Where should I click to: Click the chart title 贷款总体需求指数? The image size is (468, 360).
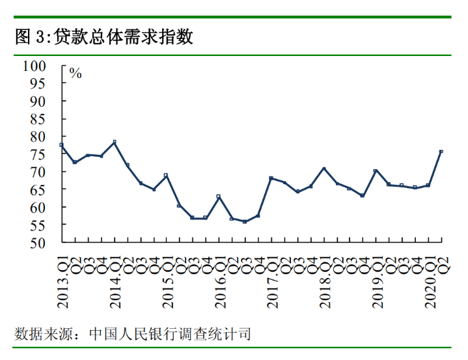124,36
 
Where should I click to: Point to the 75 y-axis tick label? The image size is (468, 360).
38,154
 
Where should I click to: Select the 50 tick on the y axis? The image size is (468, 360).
38,243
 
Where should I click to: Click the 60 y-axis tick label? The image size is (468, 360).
38,208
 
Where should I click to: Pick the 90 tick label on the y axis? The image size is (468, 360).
38,102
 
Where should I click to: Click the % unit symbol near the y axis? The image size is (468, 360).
76,74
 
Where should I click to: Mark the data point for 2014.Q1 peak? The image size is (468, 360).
115,142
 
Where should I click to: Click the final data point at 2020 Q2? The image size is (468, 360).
441,152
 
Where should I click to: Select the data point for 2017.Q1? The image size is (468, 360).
271,178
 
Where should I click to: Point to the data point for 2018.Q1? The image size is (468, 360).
323,169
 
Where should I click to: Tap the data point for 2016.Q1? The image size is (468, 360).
219,197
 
